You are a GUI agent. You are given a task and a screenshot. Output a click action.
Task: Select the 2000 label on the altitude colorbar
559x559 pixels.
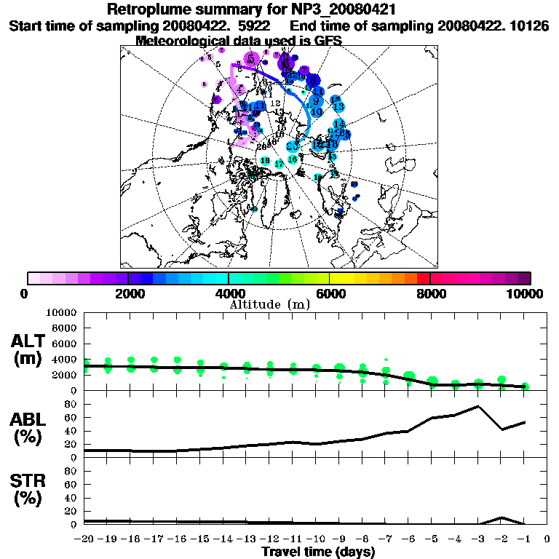128,294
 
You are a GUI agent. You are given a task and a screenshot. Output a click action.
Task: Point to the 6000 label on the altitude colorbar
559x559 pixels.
329,294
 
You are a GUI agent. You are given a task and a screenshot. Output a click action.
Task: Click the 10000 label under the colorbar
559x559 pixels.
526,294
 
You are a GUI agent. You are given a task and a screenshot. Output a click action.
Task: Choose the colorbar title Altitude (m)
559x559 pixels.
270,304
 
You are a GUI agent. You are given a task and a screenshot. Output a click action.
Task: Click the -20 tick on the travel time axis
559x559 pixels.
85,539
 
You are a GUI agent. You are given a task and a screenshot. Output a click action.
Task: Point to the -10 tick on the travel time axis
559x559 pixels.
317,539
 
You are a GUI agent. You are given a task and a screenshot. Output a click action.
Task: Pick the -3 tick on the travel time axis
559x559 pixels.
478,539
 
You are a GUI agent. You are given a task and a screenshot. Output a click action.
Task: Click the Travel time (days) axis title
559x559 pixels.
318,552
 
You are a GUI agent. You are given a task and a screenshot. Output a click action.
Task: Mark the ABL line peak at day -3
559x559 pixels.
478,406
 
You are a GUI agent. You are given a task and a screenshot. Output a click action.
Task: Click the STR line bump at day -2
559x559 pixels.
501,518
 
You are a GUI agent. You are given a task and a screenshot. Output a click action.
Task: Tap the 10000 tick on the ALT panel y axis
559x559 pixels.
63,312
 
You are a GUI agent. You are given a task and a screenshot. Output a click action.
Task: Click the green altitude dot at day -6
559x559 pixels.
409,376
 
